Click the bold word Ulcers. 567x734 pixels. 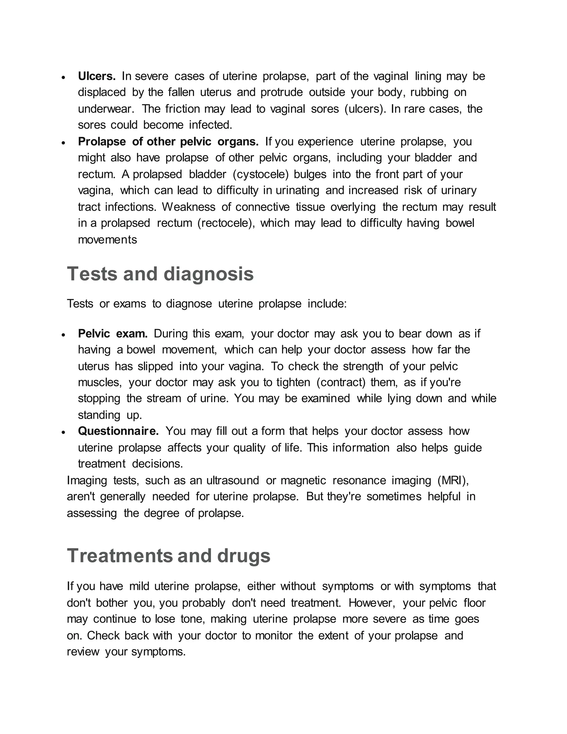click(96, 76)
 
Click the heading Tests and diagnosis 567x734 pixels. click(160, 274)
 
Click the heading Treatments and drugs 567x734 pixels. click(168, 556)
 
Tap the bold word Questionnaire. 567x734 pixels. click(118, 431)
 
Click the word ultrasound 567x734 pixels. click(233, 481)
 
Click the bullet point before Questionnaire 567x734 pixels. click(63, 432)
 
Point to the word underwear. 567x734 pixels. click(106, 109)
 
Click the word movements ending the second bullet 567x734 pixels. click(107, 240)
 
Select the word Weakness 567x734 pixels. click(189, 207)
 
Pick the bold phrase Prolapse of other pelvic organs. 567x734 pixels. click(168, 142)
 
